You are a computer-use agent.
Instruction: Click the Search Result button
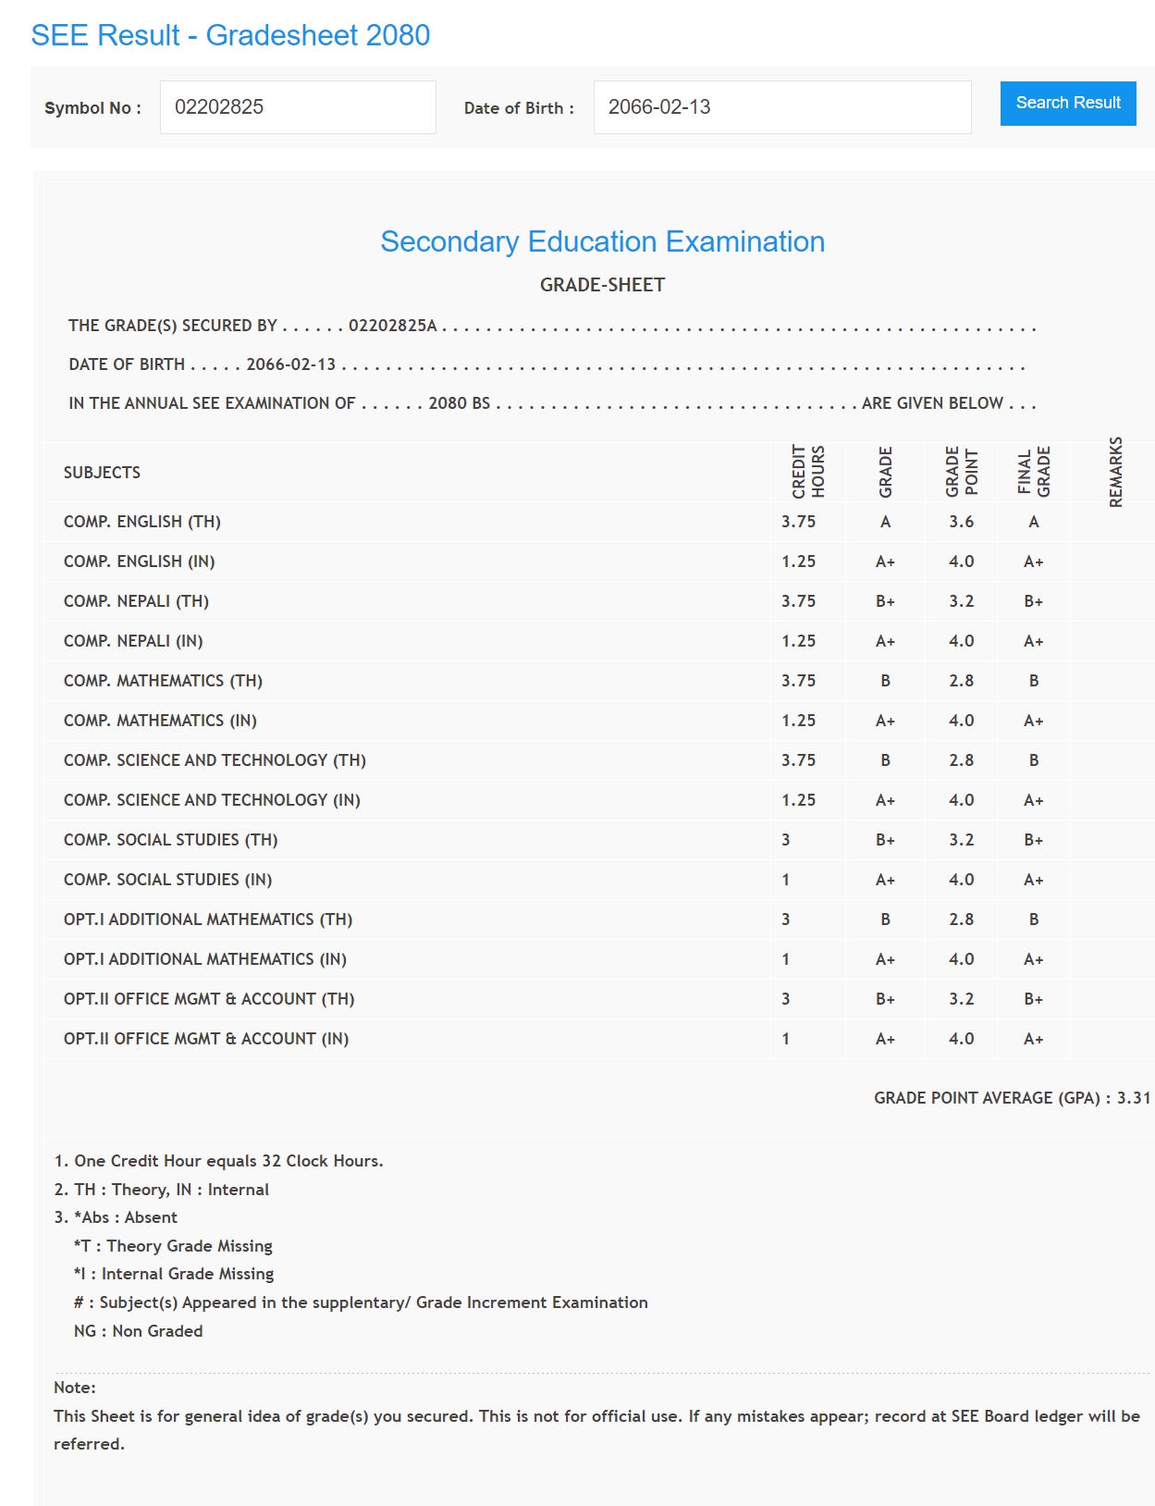click(1067, 103)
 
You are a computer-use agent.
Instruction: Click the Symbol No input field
click(297, 107)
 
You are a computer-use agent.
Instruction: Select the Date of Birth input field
click(781, 107)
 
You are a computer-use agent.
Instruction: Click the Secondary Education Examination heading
click(602, 241)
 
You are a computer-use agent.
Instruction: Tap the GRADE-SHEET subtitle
click(602, 285)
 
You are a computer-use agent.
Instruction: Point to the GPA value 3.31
click(1134, 1098)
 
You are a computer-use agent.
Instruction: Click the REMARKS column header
click(1115, 472)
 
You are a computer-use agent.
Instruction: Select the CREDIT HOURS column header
click(807, 472)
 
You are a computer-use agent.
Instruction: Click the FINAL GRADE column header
click(1034, 472)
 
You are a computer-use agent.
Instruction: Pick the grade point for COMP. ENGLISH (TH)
click(961, 522)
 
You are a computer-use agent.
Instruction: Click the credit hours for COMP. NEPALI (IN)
click(798, 641)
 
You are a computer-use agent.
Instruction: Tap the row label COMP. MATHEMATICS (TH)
click(163, 681)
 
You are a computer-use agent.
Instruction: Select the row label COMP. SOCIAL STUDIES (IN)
click(167, 880)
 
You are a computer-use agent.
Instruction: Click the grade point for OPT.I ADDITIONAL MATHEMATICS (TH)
click(961, 920)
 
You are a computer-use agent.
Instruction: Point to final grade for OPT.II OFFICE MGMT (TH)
click(1033, 999)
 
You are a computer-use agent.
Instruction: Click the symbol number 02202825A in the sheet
click(392, 326)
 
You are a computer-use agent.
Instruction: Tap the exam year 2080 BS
click(459, 403)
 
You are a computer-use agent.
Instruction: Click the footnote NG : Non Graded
click(138, 1331)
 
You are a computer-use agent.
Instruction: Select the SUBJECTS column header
click(102, 473)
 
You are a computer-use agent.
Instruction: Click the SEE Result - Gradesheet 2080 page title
click(230, 35)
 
